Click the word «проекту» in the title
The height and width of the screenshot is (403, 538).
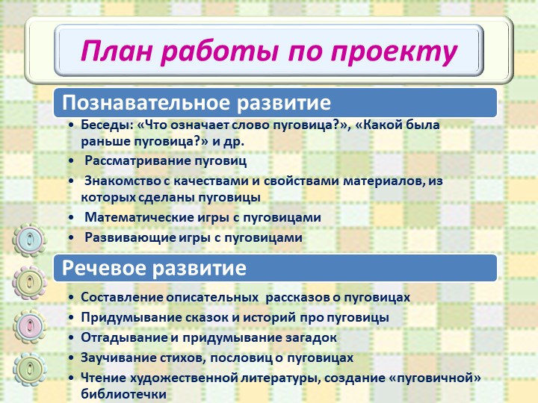(394, 51)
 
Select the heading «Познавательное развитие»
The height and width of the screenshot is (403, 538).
(197, 102)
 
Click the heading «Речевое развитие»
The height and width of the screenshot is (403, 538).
(154, 267)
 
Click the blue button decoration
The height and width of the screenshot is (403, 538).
(29, 240)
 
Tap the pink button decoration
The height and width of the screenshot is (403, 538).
(29, 327)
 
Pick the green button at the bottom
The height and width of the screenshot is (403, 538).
(29, 369)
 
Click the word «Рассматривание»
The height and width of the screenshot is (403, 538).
(137, 160)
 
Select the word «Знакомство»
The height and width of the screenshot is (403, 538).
(122, 181)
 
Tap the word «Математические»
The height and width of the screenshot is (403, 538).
(139, 217)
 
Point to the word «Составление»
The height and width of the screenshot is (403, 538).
(122, 297)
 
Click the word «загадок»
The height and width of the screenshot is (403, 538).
(311, 337)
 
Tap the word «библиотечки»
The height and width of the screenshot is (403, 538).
(123, 394)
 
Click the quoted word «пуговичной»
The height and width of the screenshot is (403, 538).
(437, 378)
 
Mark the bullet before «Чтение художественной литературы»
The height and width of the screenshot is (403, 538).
(71, 378)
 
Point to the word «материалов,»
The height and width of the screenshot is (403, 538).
(384, 181)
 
